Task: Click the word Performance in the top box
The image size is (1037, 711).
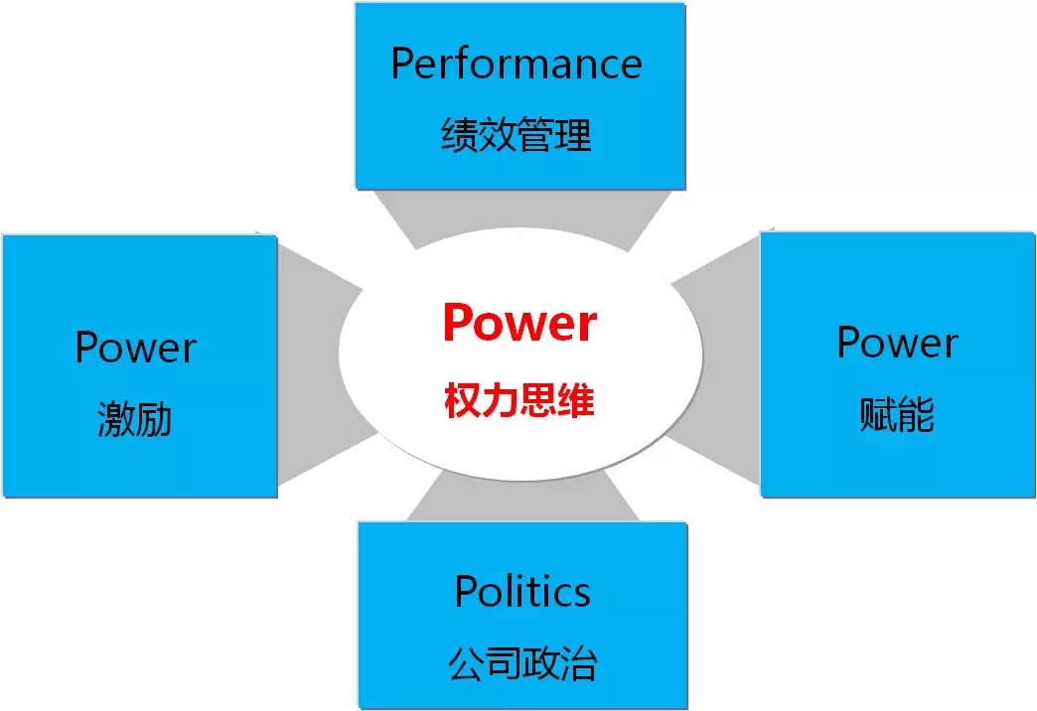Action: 517,66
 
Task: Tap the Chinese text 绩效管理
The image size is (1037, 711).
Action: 517,135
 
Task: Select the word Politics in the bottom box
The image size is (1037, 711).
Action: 522,592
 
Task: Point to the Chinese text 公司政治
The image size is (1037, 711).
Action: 522,662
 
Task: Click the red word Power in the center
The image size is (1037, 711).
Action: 519,323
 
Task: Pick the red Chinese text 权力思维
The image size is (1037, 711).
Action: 519,401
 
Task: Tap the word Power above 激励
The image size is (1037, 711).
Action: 136,348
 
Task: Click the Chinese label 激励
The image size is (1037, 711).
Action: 135,419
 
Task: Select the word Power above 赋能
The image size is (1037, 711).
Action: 897,343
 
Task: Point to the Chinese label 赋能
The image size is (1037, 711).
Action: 897,415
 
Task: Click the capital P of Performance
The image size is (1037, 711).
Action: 403,64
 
